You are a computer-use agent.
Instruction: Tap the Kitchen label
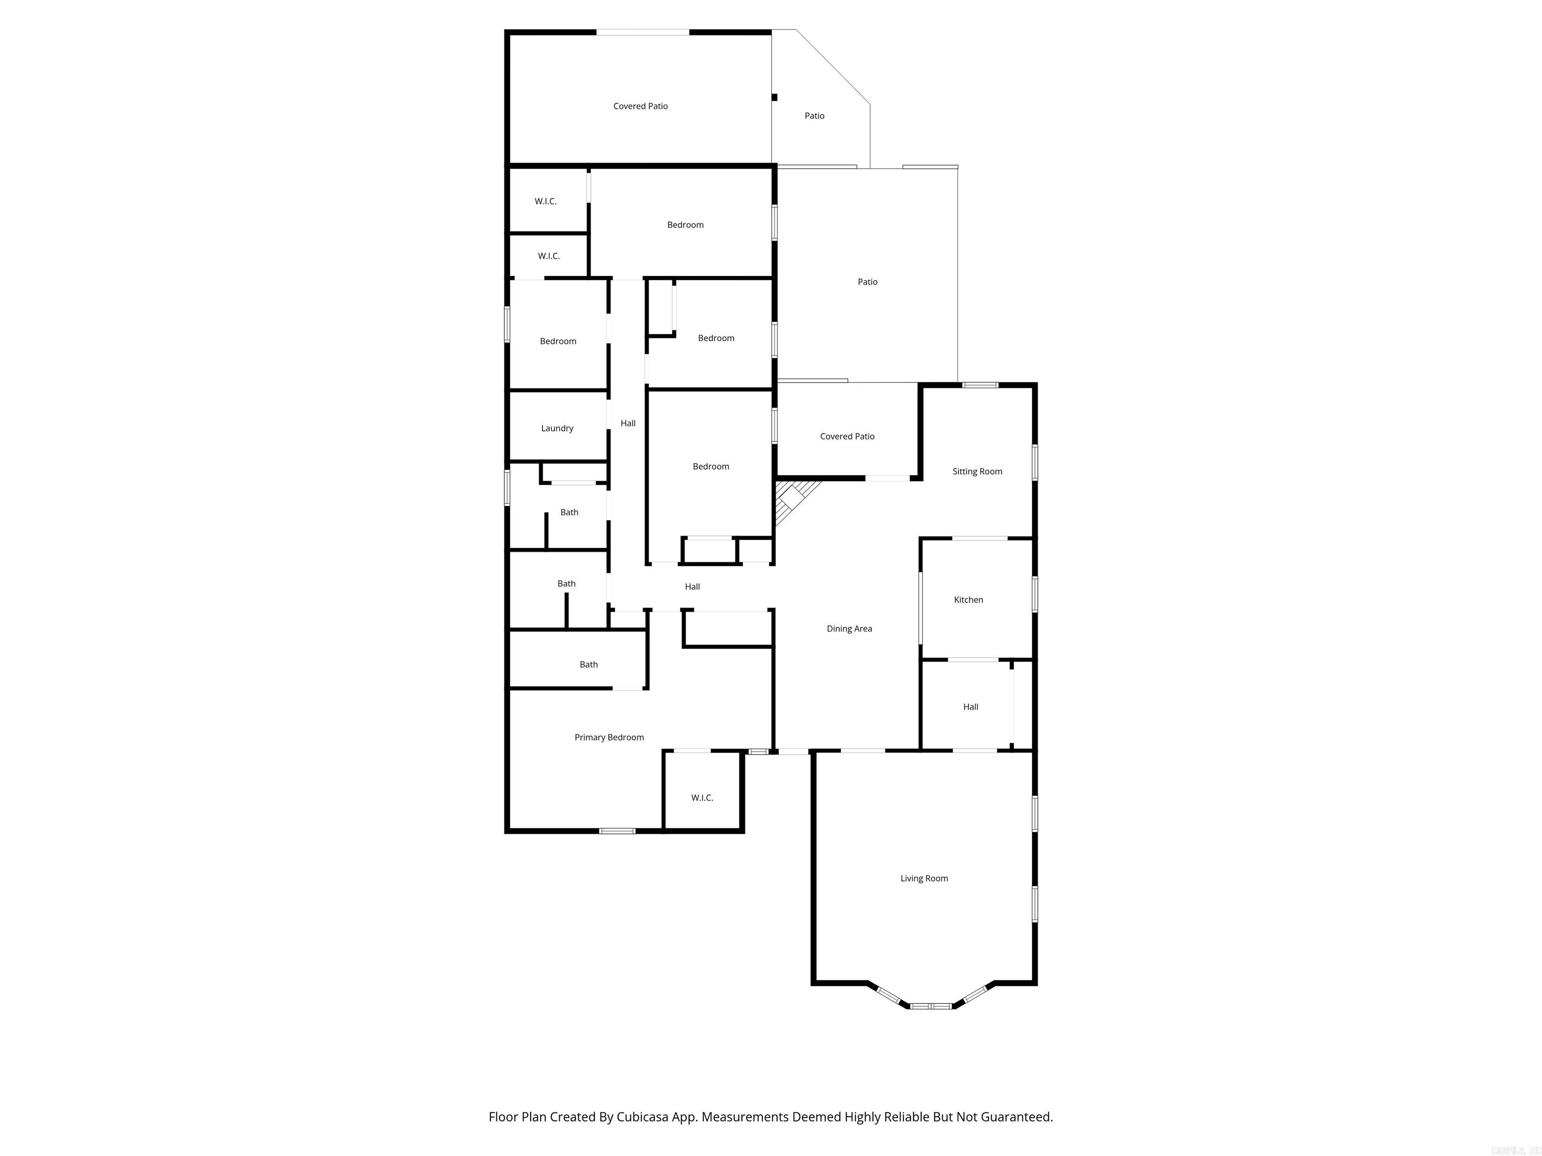coord(968,599)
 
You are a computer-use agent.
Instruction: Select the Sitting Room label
coord(977,471)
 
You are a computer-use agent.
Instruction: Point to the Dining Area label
coord(849,629)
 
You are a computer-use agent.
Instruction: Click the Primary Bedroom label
coord(608,737)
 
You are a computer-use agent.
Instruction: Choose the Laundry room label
coord(557,428)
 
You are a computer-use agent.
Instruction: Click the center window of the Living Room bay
coord(931,1006)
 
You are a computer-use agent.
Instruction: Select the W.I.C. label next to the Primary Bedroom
coord(702,798)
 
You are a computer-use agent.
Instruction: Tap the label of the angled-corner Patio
coord(814,116)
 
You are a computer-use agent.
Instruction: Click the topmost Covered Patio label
coord(640,106)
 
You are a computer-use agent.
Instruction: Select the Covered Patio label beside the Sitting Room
coord(847,436)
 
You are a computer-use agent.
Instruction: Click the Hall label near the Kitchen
coord(970,706)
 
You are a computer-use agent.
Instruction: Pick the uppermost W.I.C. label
coord(545,201)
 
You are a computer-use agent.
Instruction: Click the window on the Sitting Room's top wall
coord(980,385)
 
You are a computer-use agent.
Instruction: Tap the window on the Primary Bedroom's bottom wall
coord(617,830)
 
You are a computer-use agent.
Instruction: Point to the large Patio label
coord(867,281)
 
